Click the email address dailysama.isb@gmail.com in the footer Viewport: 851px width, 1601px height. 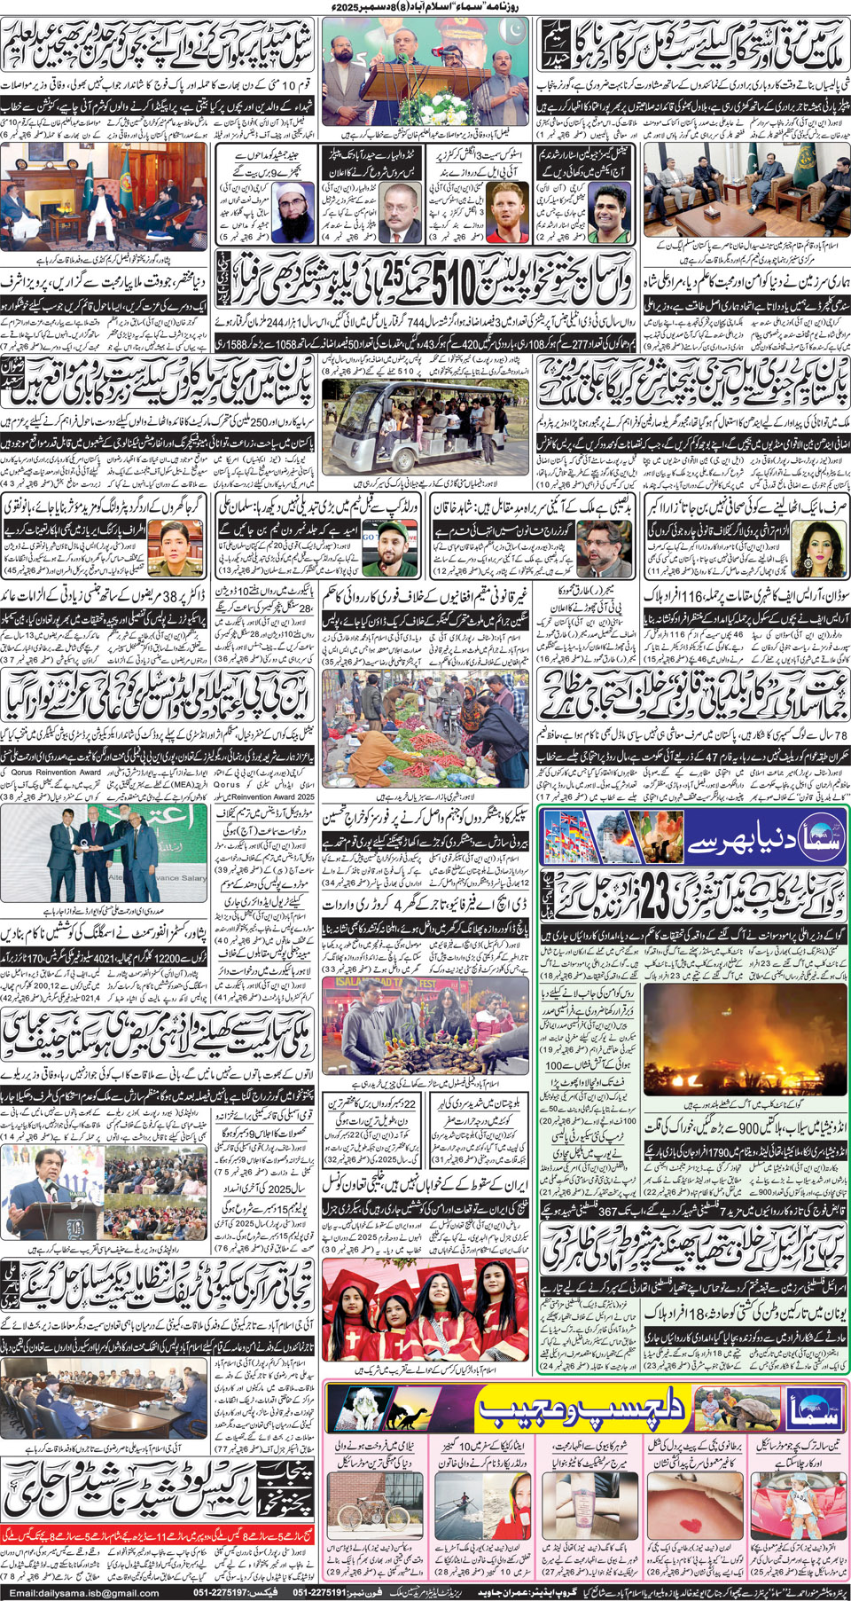[83, 1592]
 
